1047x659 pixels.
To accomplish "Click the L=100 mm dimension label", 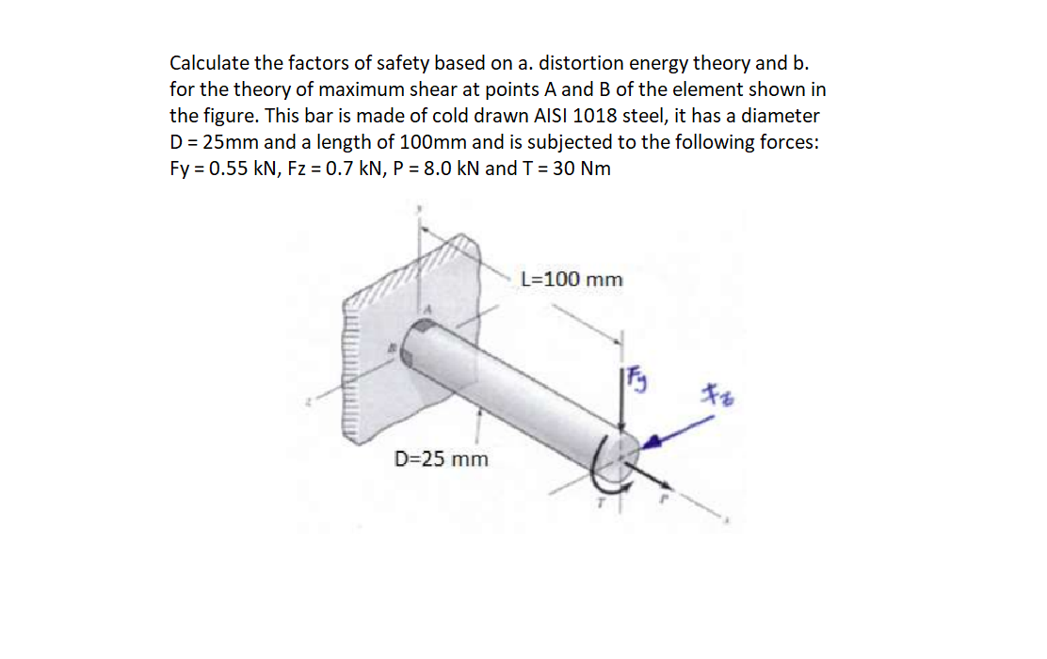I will (572, 280).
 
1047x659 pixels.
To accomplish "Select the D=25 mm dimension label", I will (441, 459).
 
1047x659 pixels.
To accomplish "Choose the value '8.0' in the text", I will (427, 169).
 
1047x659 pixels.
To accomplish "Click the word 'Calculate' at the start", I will (209, 63).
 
